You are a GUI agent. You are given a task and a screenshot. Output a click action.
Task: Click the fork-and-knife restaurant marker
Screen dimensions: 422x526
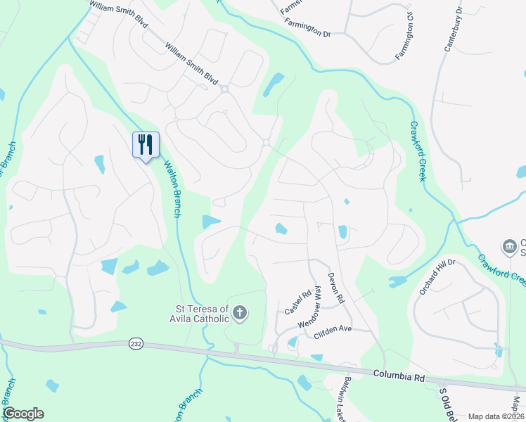146,145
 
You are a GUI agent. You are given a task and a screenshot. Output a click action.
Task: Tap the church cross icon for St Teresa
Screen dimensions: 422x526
240,312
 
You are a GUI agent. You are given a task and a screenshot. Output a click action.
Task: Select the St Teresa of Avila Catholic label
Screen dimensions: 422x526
202,313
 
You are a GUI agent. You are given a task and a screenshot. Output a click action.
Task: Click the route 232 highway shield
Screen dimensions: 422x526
136,344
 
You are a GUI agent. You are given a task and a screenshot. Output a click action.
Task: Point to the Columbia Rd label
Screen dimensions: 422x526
399,377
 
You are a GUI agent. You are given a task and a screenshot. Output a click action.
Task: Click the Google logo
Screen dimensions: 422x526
23,414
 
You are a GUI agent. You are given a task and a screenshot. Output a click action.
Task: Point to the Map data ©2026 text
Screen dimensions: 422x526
495,416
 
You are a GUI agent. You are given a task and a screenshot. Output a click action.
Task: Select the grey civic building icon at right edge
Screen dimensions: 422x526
508,246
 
